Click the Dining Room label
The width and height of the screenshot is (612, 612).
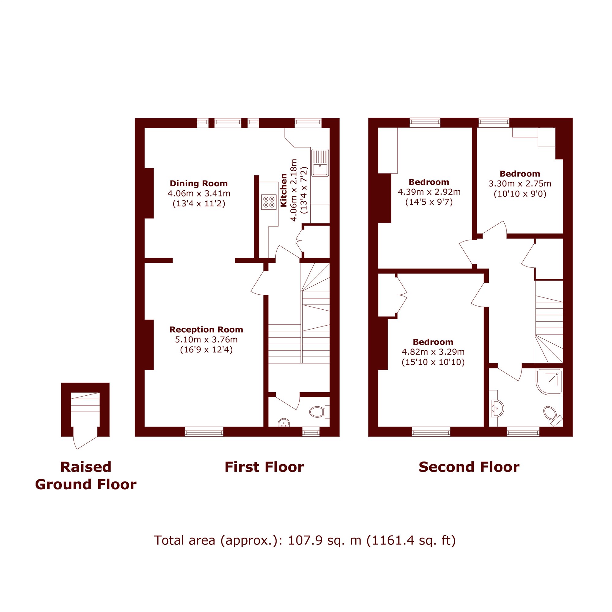[199, 183]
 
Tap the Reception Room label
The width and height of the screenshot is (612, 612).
[206, 330]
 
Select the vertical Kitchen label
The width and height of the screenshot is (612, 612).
[284, 190]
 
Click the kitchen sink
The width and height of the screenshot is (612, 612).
[320, 162]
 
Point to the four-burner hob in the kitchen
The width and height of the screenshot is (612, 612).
[269, 202]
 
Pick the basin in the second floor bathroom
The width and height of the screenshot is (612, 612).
[497, 408]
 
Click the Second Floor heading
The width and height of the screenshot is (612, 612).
[469, 467]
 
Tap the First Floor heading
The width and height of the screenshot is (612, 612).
[264, 467]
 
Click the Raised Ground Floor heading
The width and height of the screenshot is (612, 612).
[86, 476]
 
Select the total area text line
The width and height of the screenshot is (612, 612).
[305, 540]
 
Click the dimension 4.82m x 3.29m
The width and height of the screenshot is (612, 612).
[433, 352]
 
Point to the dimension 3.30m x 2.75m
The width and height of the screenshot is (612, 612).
[520, 184]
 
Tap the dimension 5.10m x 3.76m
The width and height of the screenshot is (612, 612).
[206, 340]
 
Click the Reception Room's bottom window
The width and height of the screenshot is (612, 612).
[204, 431]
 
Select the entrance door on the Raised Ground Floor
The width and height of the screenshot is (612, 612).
[85, 438]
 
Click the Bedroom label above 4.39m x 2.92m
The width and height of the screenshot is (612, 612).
[429, 182]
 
